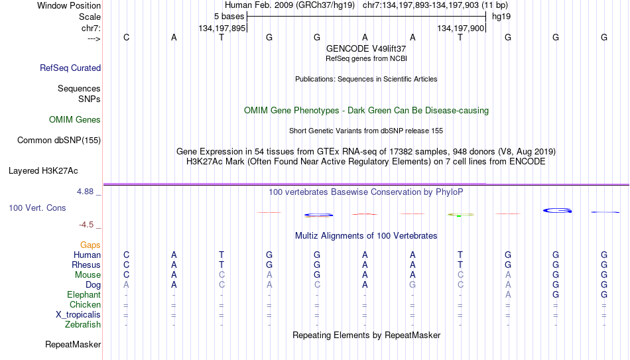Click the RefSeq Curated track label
70,68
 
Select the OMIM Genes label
75,120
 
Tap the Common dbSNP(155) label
59,141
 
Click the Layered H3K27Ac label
43,171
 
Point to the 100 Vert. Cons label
37,208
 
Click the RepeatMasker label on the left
73,344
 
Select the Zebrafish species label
83,324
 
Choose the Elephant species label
84,294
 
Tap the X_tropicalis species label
78,315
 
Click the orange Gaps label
90,245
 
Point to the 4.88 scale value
85,192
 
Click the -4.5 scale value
86,225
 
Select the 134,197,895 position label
221,28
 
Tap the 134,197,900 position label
461,28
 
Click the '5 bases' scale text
229,17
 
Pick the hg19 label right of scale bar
501,17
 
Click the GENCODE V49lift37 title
366,48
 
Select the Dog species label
94,285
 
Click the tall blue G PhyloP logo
557,210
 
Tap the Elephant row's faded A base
508,294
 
